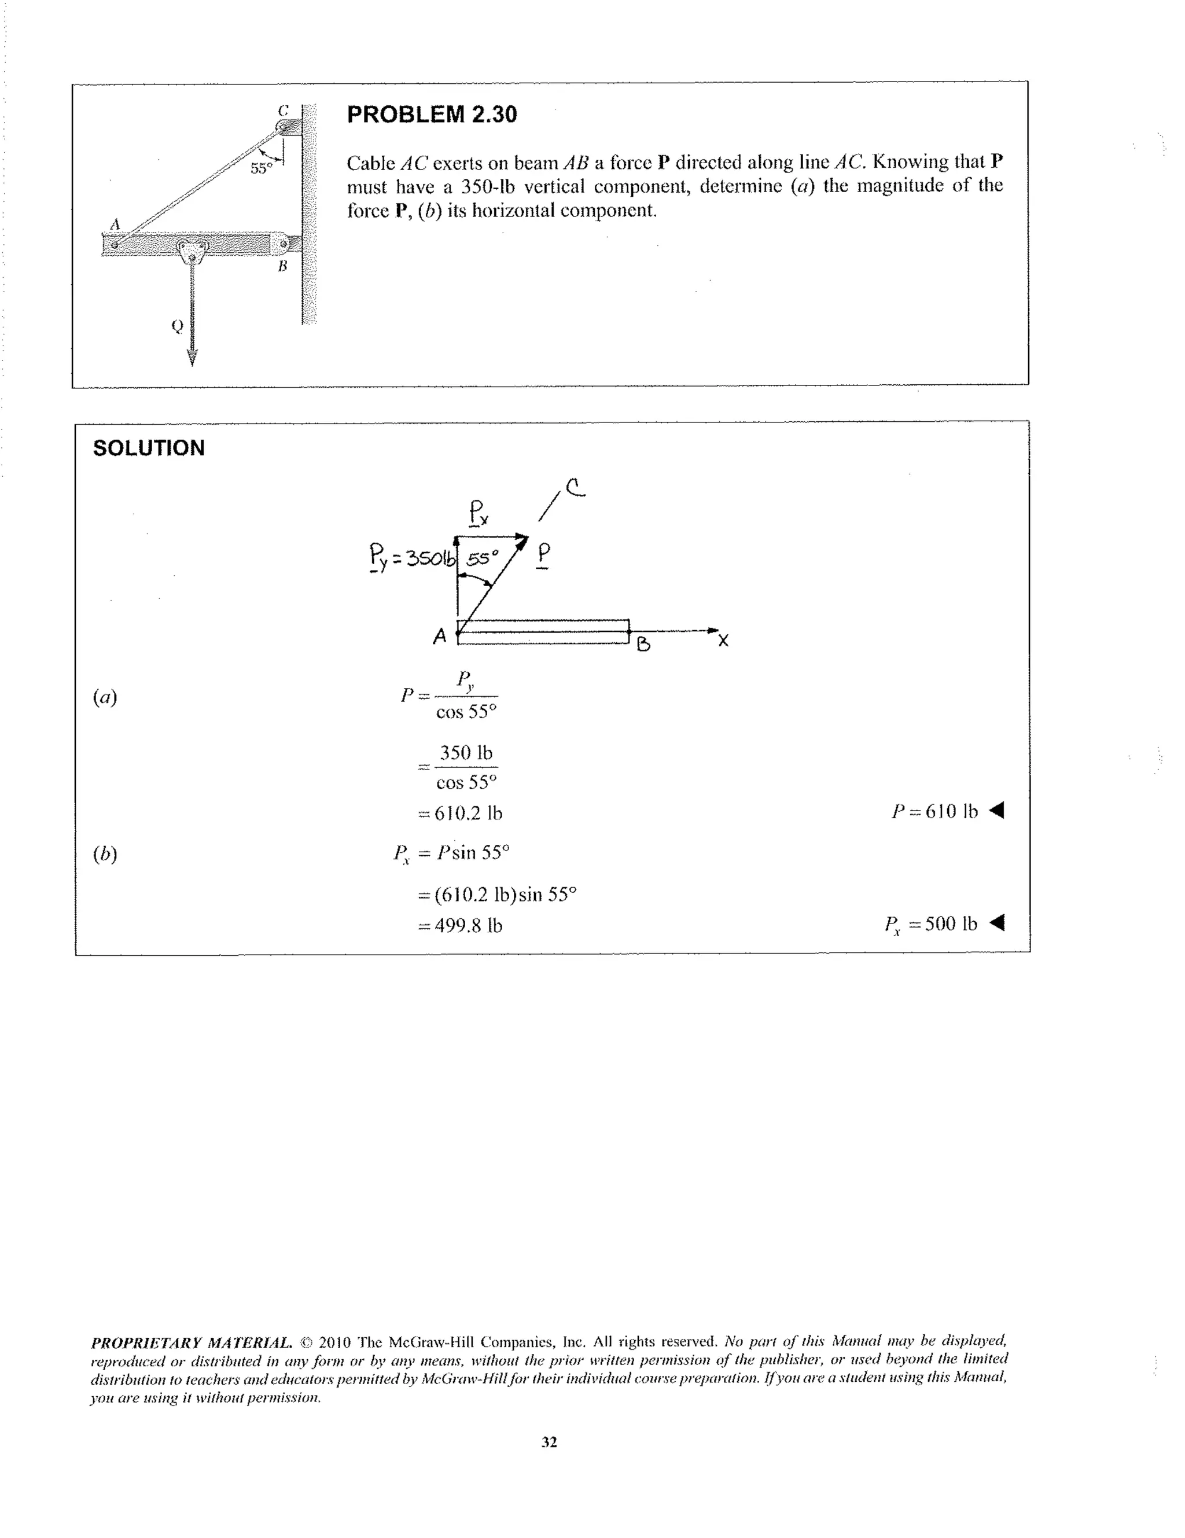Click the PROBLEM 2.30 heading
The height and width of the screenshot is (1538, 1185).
pyautogui.click(x=432, y=114)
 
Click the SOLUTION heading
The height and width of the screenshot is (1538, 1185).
pyautogui.click(x=149, y=448)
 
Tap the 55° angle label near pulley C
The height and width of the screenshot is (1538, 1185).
pyautogui.click(x=260, y=168)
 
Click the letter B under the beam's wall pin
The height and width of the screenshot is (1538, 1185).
pyautogui.click(x=282, y=266)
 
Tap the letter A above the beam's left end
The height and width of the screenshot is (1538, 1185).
pyautogui.click(x=115, y=224)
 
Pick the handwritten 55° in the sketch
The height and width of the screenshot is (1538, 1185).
pyautogui.click(x=483, y=558)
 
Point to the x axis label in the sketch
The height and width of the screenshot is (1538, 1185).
pyautogui.click(x=723, y=640)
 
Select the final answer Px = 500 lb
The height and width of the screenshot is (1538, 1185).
pyautogui.click(x=931, y=924)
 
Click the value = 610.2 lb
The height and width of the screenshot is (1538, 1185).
pyautogui.click(x=461, y=814)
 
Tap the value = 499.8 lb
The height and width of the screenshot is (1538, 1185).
pyautogui.click(x=461, y=925)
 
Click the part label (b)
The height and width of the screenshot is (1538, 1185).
pyautogui.click(x=105, y=854)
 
